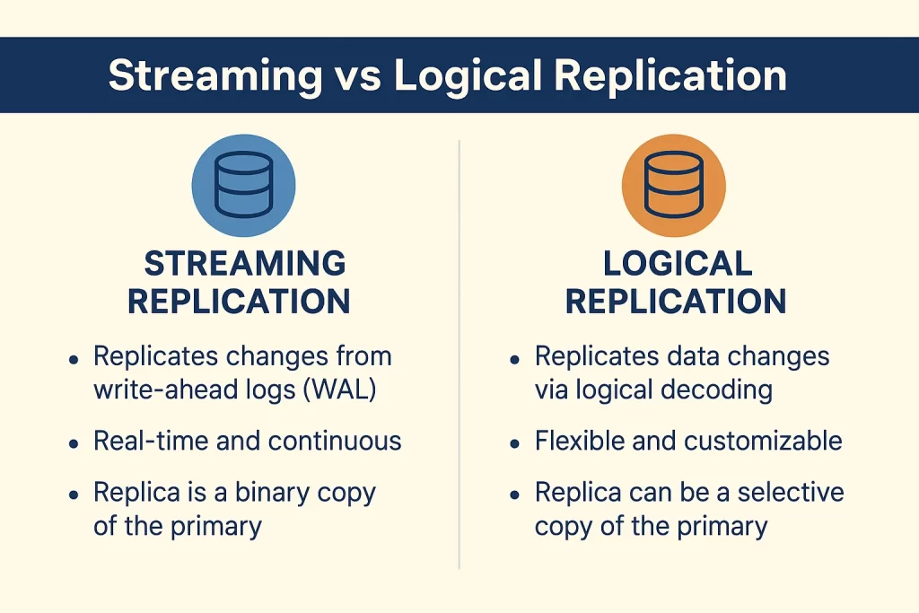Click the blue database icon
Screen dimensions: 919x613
(244, 185)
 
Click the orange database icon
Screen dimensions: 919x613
(674, 185)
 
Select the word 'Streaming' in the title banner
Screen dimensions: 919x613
(215, 75)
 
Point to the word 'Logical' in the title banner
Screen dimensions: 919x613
(468, 75)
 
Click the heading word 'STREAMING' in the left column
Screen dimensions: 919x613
(245, 263)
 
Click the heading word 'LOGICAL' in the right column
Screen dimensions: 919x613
(678, 263)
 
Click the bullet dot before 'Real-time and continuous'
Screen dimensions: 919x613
(74, 443)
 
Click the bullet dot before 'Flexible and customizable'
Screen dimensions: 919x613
(514, 443)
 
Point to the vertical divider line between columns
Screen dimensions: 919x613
(459, 354)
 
